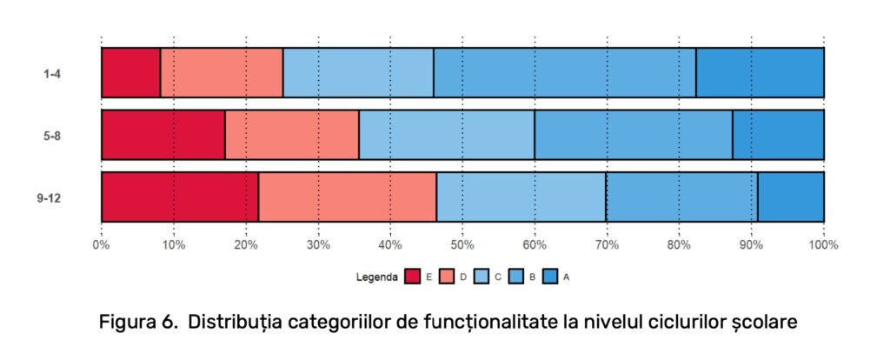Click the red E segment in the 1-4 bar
click(130, 72)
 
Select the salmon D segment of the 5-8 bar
click(291, 135)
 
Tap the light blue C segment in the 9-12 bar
click(521, 197)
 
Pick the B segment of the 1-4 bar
click(564, 72)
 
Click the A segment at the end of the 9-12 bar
click(790, 197)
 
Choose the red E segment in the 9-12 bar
click(179, 197)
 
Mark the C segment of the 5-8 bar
click(446, 135)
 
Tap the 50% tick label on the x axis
click(462, 245)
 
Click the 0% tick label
click(102, 245)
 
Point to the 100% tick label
click(823, 245)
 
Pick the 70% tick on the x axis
click(606, 245)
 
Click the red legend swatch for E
click(412, 277)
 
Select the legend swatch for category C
click(481, 277)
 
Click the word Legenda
click(376, 277)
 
